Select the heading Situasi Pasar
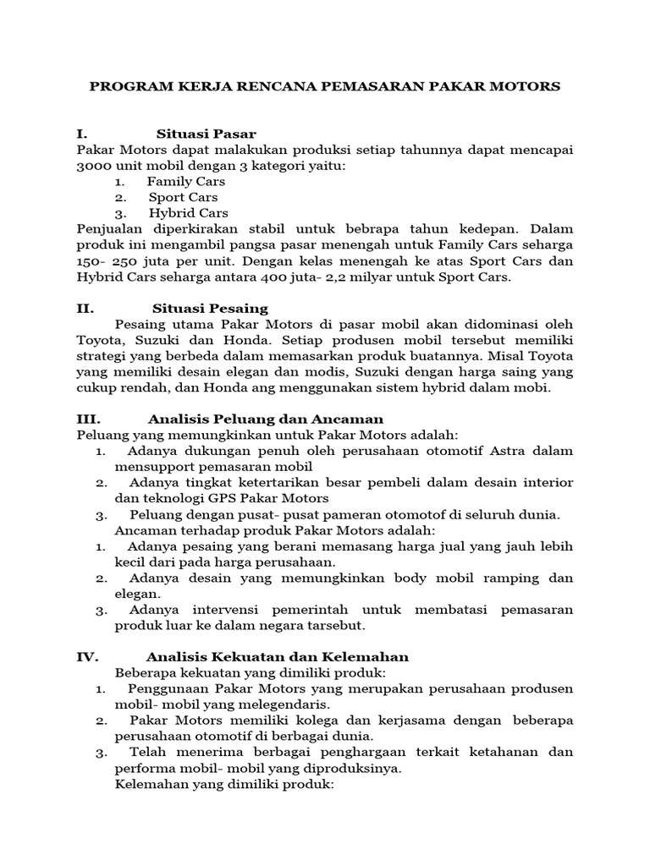coord(206,134)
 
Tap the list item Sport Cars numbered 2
coord(183,197)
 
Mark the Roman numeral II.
coord(84,309)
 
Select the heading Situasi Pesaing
coord(210,309)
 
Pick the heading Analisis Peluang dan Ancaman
coord(265,419)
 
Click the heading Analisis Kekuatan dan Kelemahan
coord(277,657)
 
